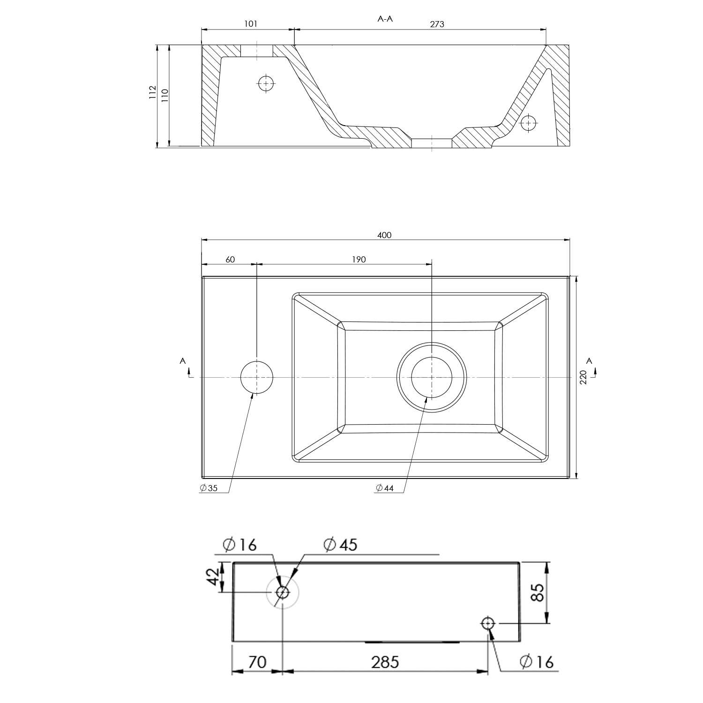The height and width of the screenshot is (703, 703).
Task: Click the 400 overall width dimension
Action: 384,235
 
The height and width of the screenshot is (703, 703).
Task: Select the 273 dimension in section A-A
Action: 437,24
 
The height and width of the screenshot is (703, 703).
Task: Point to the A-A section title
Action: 385,19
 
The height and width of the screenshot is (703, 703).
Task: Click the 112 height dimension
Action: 152,92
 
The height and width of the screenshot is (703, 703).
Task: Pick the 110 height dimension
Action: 164,95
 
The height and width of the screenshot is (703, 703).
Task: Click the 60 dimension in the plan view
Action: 230,260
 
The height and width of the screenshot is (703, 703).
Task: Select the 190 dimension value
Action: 359,260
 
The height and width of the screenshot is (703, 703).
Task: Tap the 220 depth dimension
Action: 583,377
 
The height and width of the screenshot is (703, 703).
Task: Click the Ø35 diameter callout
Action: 209,488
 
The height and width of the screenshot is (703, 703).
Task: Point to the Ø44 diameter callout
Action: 385,488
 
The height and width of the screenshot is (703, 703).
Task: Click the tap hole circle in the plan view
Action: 257,377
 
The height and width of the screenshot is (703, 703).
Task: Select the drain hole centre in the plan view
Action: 432,377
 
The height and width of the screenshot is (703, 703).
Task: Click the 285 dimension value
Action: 385,662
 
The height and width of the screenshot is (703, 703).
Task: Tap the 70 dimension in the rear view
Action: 257,662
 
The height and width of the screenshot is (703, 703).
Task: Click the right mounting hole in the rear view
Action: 488,623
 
